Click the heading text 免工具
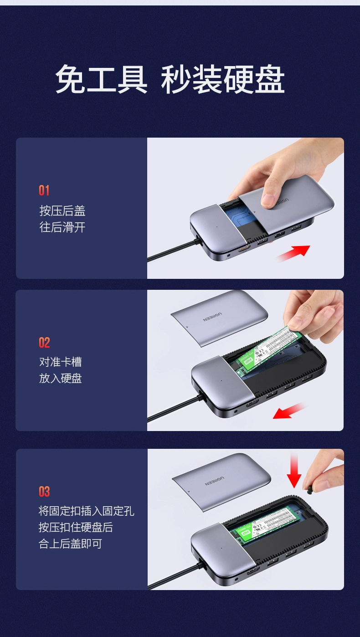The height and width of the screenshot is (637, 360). click(x=101, y=80)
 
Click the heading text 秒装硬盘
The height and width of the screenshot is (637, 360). click(x=223, y=80)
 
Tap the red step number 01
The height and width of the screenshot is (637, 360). click(x=44, y=190)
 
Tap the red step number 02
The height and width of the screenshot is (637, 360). click(x=44, y=343)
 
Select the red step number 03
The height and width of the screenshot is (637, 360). click(x=44, y=492)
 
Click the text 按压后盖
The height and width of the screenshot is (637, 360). click(x=62, y=211)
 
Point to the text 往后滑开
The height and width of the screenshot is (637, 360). click(x=62, y=227)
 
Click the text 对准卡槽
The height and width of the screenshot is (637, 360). click(x=61, y=362)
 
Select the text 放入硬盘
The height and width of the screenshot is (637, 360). click(x=61, y=379)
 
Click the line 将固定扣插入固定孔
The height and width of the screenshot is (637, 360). click(x=86, y=511)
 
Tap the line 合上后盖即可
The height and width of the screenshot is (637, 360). click(x=70, y=544)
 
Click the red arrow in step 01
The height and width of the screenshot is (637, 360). click(x=293, y=253)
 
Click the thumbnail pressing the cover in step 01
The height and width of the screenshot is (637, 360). click(x=269, y=200)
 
